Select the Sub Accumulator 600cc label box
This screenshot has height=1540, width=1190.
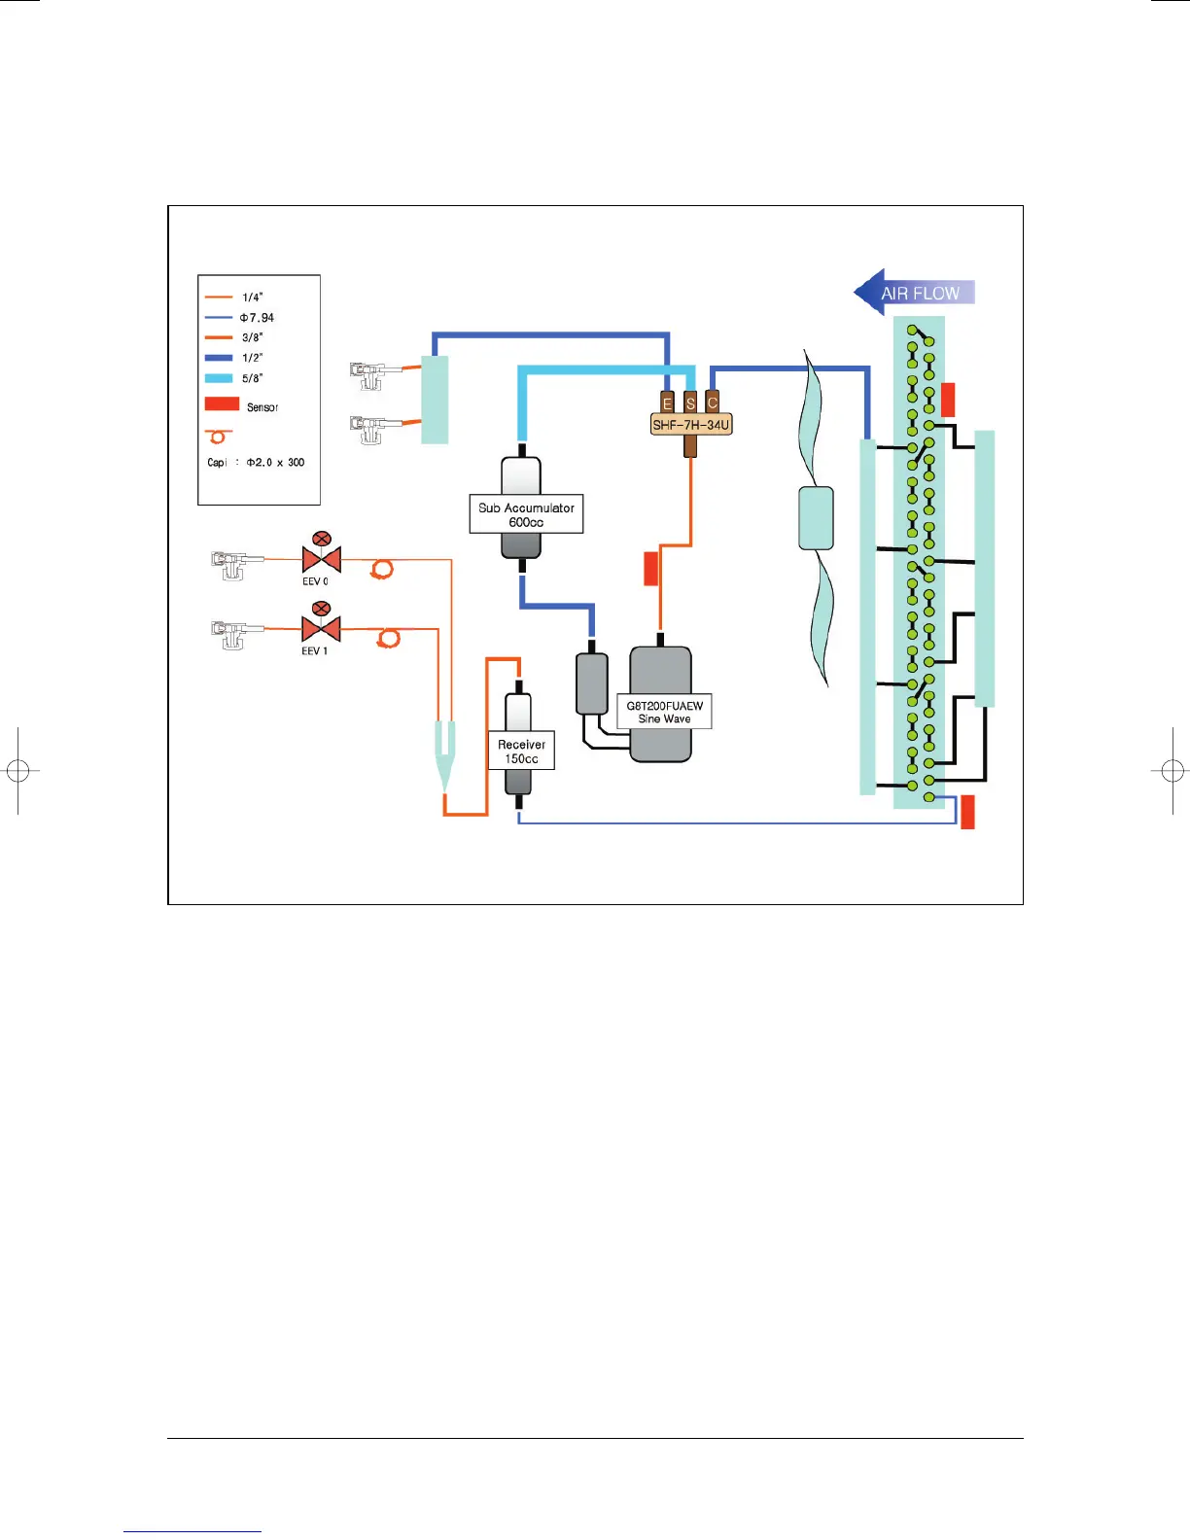526,514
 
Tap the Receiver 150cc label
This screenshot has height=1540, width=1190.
521,751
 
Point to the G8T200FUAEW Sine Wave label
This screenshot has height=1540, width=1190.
664,712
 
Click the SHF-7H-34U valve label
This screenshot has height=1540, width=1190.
690,425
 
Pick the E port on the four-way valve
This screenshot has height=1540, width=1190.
667,402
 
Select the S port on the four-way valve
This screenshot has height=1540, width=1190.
690,402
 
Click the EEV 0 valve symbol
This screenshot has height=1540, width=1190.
321,559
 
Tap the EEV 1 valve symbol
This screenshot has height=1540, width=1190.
321,628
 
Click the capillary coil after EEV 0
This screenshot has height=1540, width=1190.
382,569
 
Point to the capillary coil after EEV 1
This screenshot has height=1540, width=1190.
389,638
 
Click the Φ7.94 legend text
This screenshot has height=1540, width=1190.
257,318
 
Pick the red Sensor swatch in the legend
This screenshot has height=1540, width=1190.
222,403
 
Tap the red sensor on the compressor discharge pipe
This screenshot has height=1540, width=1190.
651,569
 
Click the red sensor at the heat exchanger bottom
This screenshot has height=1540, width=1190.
967,812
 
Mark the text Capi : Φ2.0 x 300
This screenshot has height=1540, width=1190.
256,463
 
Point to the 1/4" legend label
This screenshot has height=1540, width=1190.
252,297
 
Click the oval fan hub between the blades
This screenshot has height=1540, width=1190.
816,518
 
